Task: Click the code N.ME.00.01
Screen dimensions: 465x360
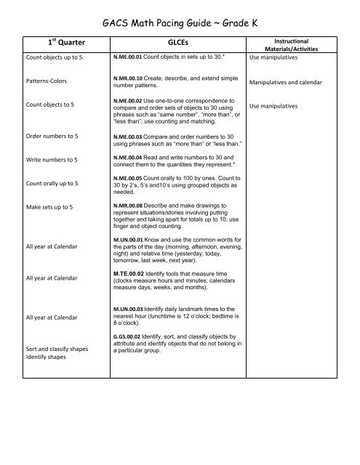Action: pyautogui.click(x=127, y=55)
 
